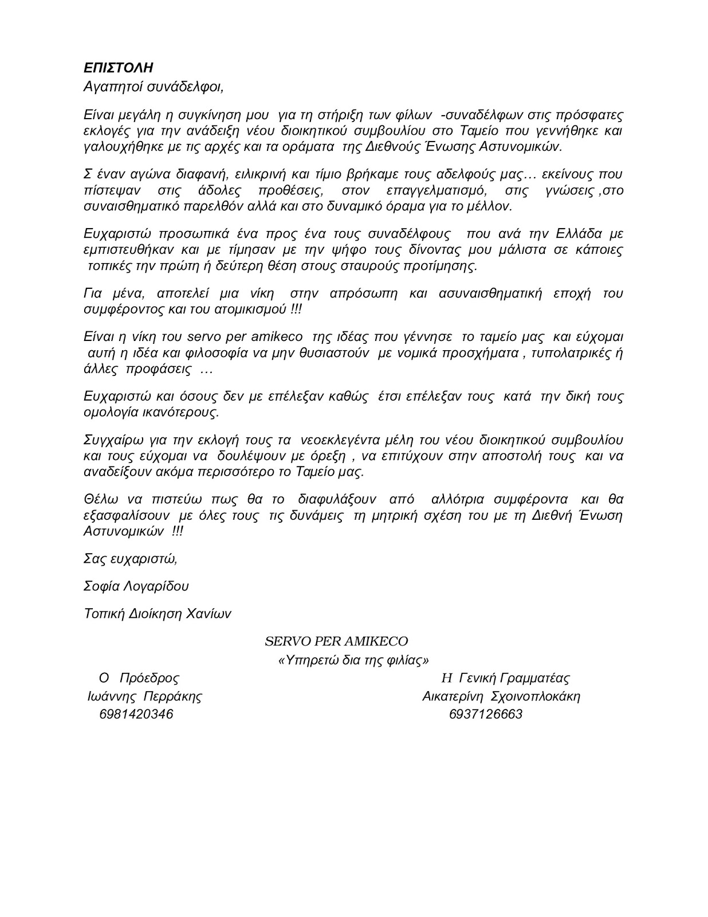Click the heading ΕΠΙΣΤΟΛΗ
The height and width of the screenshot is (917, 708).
pyautogui.click(x=118, y=68)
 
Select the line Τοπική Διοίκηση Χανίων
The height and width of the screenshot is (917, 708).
pyautogui.click(x=158, y=613)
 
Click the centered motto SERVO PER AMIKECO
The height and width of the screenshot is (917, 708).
pyautogui.click(x=336, y=641)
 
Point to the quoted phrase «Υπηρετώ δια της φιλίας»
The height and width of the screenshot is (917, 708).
pyautogui.click(x=353, y=660)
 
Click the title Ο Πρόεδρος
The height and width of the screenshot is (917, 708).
pyautogui.click(x=139, y=678)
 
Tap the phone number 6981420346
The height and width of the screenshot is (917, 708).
pyautogui.click(x=136, y=714)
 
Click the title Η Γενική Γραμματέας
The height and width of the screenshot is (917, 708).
pyautogui.click(x=505, y=678)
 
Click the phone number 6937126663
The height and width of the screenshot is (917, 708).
pyautogui.click(x=486, y=714)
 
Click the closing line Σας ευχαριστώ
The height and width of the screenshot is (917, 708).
pyautogui.click(x=130, y=559)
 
